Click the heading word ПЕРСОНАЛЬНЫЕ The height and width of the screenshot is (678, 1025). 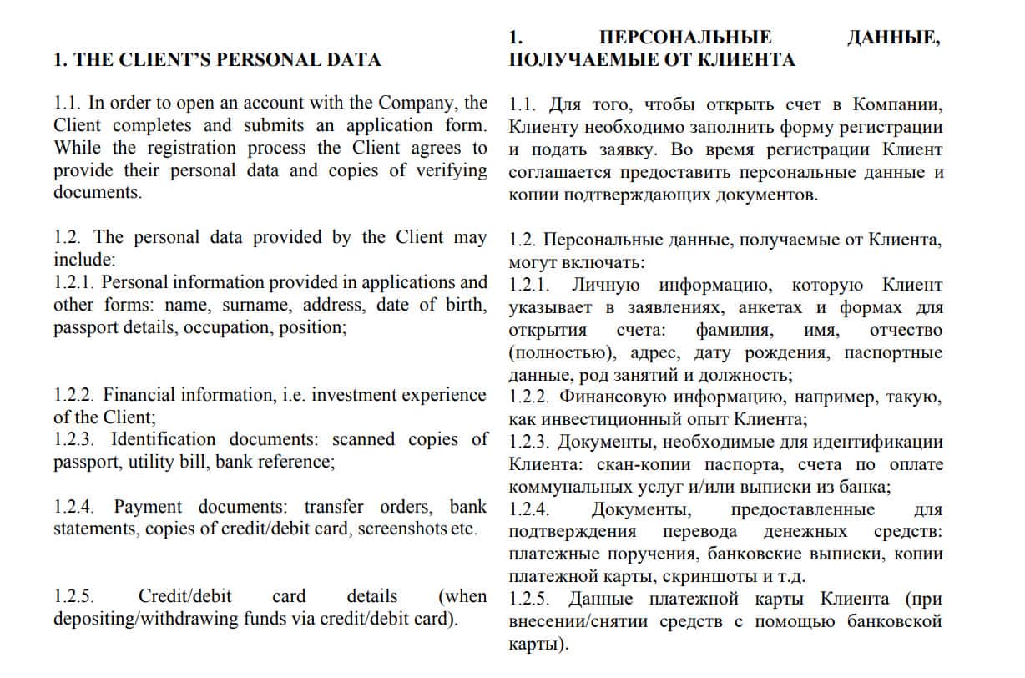685,38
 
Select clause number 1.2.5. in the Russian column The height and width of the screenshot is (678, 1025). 533,600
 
